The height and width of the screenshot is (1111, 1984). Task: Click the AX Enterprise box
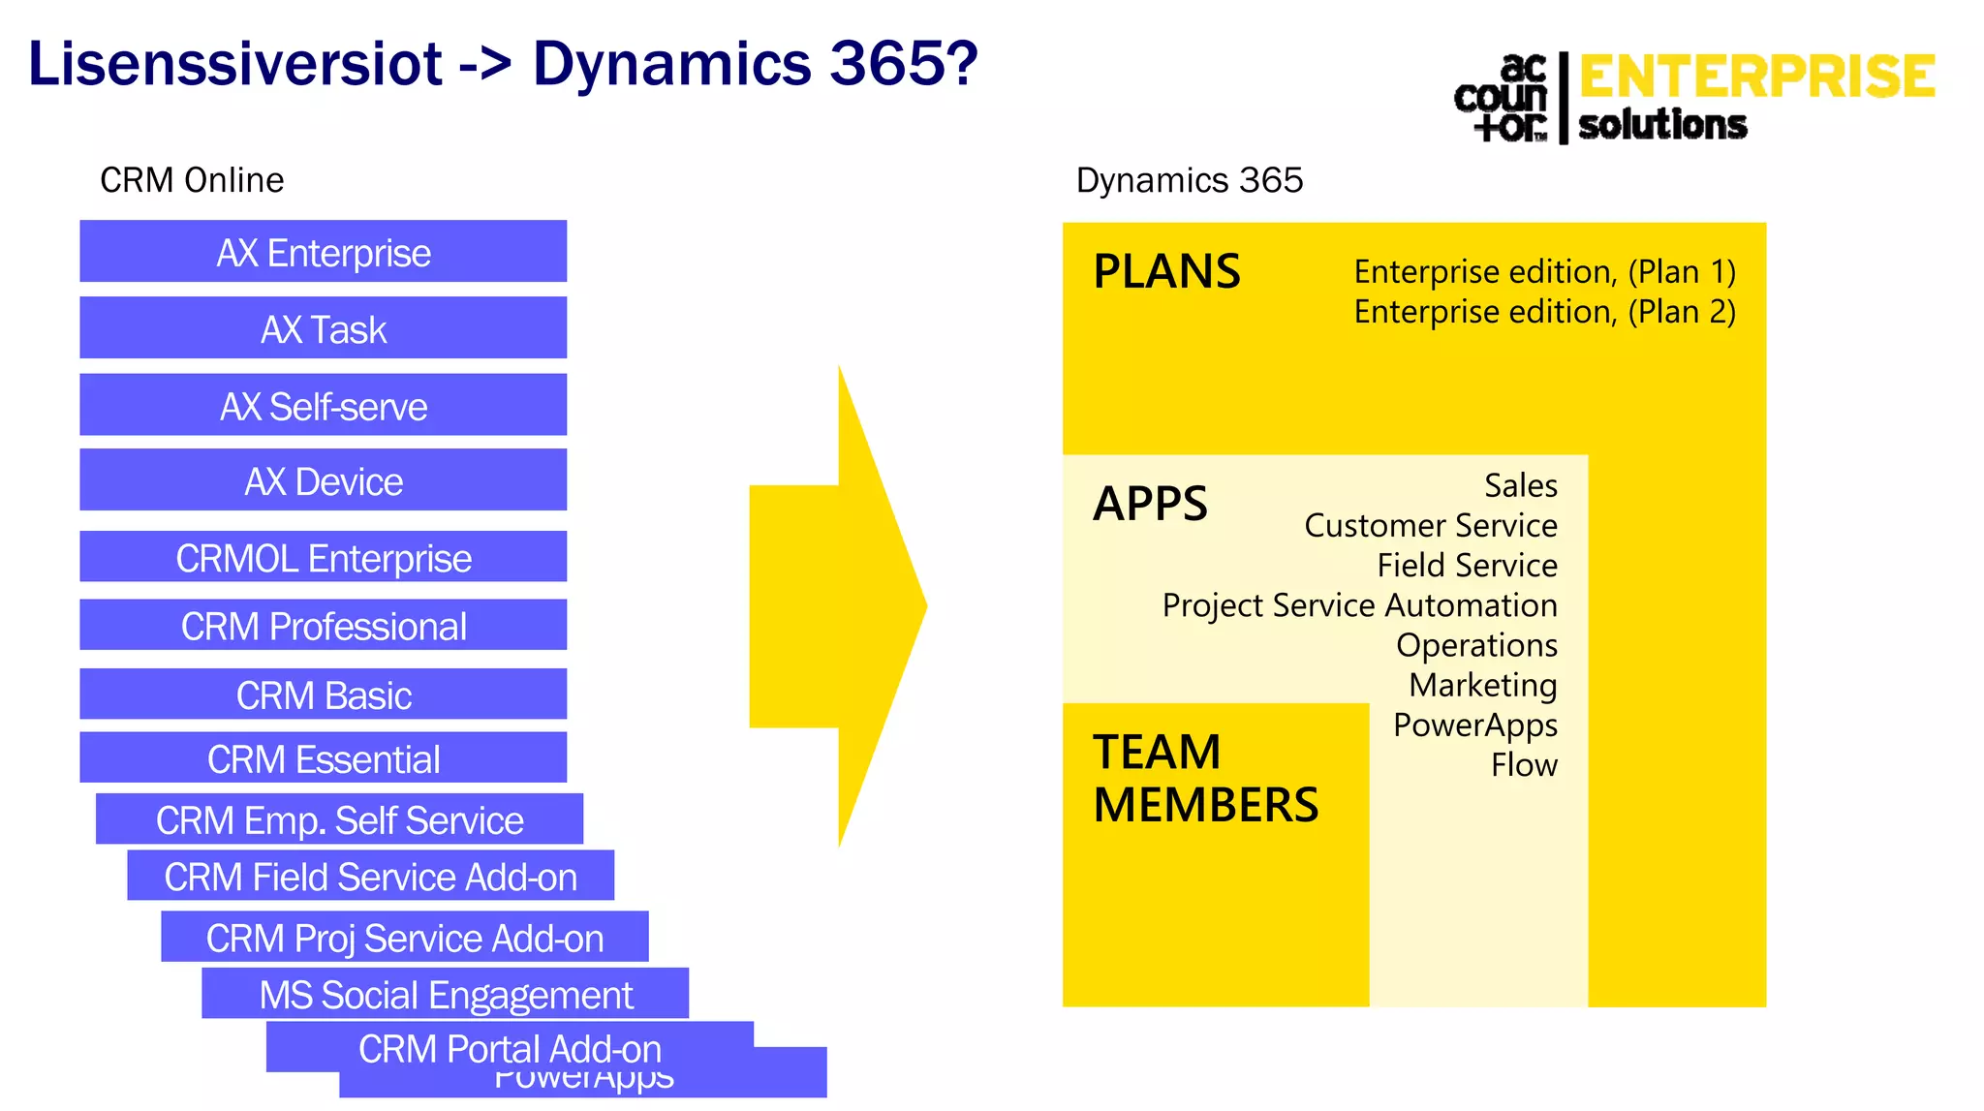coord(323,252)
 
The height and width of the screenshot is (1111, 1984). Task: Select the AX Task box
coord(323,329)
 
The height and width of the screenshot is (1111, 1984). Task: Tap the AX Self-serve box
coord(323,406)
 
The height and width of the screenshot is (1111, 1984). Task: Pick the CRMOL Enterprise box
coord(323,558)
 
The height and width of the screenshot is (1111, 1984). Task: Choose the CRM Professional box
coord(323,626)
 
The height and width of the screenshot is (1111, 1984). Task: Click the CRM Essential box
coord(323,758)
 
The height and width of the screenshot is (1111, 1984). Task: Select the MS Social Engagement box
coord(445,995)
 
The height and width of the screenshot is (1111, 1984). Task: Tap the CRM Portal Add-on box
coord(510,1048)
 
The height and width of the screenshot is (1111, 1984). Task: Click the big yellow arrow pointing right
coord(838,606)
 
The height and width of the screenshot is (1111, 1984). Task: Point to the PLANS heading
coord(1166,271)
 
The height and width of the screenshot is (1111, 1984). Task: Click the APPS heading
coord(1150,504)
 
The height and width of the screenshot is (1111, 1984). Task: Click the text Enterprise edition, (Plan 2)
coord(1544,312)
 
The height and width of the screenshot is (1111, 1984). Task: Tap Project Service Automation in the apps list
coord(1359,605)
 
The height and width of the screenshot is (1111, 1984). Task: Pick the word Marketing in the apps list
coord(1482,685)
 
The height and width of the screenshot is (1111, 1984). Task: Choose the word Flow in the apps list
coord(1524,765)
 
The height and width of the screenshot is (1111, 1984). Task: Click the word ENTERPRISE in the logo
coord(1756,77)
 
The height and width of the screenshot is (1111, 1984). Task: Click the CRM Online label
coord(192,180)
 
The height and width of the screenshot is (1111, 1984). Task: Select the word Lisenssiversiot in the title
coord(235,64)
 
